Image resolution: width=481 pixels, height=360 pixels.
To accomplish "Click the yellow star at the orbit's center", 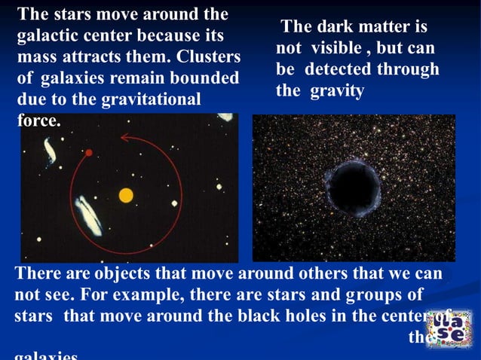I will [x=126, y=196].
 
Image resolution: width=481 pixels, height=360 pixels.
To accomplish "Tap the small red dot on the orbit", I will [x=89, y=153].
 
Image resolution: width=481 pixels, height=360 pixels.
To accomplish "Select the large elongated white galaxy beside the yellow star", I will [x=88, y=215].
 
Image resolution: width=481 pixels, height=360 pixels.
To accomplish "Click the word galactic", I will [x=49, y=35].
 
